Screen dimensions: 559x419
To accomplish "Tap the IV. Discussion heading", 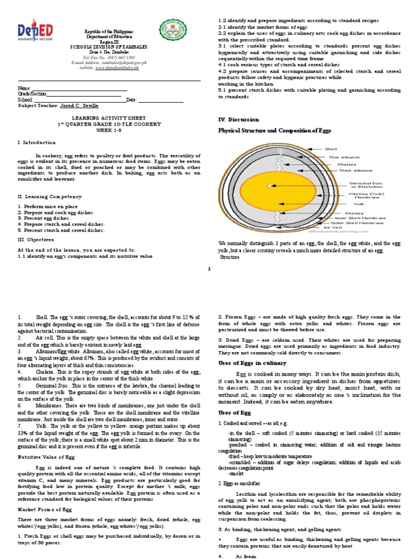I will click(x=238, y=119).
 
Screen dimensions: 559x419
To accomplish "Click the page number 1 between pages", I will click(x=209, y=269).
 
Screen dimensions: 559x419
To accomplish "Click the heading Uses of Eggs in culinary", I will click(x=252, y=363).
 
